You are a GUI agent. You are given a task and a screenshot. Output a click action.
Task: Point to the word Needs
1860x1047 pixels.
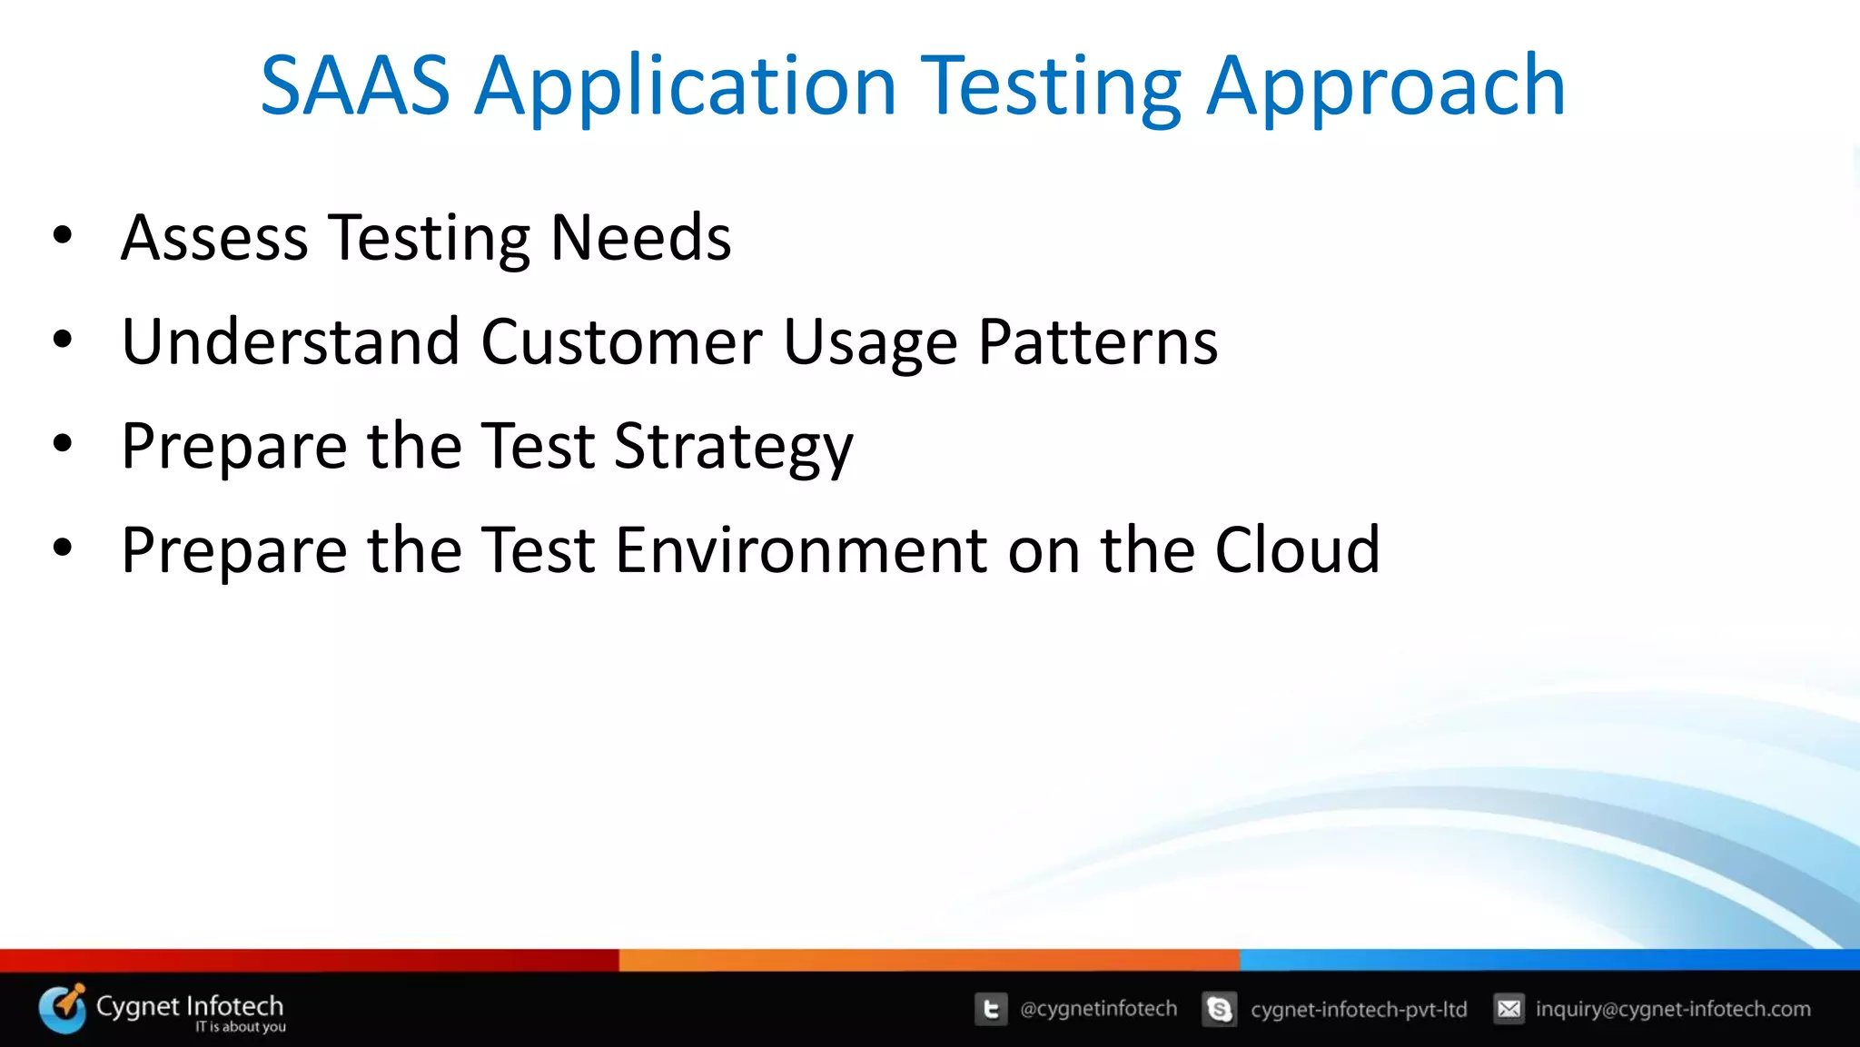coord(641,238)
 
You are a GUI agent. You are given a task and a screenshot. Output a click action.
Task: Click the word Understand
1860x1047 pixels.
coord(291,342)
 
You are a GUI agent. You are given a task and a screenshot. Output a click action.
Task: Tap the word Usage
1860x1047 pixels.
coord(870,342)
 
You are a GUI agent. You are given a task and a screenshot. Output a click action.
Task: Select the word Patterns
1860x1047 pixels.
coord(1098,342)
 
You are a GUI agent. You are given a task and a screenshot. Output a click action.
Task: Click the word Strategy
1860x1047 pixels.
coord(734,447)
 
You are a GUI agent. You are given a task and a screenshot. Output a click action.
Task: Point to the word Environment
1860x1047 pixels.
coord(801,550)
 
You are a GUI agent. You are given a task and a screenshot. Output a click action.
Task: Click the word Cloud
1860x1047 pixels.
coord(1298,550)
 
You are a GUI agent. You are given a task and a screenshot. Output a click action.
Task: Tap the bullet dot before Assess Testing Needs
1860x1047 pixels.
coord(62,236)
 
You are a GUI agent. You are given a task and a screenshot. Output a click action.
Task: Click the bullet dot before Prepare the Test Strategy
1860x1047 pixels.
coord(62,444)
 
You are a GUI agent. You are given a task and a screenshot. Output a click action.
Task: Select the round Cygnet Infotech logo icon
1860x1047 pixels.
coord(63,1008)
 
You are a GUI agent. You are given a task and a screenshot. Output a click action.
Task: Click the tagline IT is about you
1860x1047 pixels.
coord(241,1027)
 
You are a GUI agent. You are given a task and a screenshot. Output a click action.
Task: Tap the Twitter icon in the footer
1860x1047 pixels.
coord(991,1009)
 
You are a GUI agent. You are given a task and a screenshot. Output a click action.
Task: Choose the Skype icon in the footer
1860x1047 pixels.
coord(1219,1009)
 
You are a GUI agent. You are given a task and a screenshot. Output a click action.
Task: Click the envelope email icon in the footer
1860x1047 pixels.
coord(1509,1009)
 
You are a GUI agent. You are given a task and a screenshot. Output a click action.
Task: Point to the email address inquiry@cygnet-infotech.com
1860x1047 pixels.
coord(1673,1009)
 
